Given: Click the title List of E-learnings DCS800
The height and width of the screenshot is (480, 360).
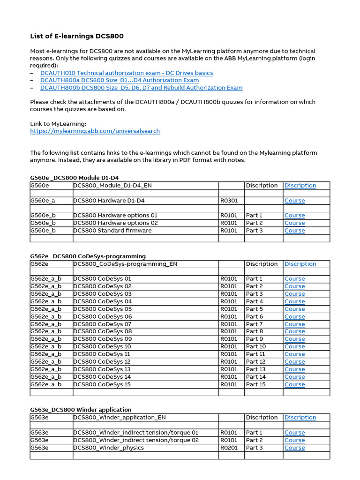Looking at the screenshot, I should (77, 36).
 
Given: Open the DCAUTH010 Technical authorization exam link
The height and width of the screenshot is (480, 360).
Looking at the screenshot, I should (127, 73).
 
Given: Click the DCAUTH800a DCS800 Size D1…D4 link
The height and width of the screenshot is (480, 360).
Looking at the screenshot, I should (119, 80).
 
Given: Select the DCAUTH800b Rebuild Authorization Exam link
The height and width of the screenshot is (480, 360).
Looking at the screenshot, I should (141, 88).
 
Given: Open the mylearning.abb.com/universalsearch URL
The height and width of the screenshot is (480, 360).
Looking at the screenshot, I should (95, 131).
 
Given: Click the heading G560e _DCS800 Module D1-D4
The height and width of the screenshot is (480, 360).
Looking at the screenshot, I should (75, 178).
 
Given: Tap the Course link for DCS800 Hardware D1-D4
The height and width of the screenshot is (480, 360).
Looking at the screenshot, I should (294, 201).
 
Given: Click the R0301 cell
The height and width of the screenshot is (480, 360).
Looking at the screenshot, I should (229, 201).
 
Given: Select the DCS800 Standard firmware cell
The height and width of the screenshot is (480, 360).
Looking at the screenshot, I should (112, 231).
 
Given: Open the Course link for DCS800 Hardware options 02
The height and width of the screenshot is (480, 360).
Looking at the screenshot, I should (294, 223).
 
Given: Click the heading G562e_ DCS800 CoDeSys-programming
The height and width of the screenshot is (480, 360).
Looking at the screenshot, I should (88, 256).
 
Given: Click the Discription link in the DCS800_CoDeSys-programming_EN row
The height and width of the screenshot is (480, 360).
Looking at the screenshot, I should (300, 264).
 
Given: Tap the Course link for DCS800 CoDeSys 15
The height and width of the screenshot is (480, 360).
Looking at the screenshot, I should (294, 384).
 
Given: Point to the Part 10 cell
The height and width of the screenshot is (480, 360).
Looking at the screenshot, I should (256, 346).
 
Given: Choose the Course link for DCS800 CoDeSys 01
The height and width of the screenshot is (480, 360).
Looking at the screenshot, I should (294, 279).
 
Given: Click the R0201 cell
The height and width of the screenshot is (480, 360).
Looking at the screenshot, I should (229, 448).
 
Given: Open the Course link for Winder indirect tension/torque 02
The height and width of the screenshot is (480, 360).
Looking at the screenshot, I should (294, 440).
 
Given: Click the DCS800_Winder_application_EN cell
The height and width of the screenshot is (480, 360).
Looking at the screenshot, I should (120, 417).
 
